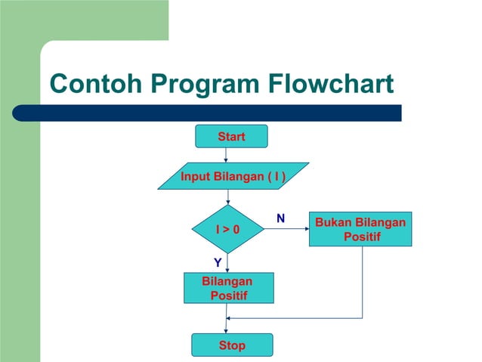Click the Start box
click(230, 136)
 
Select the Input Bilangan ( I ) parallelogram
click(233, 176)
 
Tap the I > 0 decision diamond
click(227, 229)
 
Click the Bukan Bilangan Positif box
click(360, 229)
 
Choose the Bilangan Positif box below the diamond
click(228, 288)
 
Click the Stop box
click(231, 345)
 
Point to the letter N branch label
click(280, 218)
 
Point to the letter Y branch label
click(218, 262)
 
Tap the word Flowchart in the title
click(331, 84)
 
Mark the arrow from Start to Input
click(226, 155)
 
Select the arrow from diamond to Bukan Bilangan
click(286, 229)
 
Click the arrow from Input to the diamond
click(227, 196)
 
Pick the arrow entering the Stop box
click(227, 326)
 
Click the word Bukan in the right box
click(333, 222)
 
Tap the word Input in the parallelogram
click(195, 176)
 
